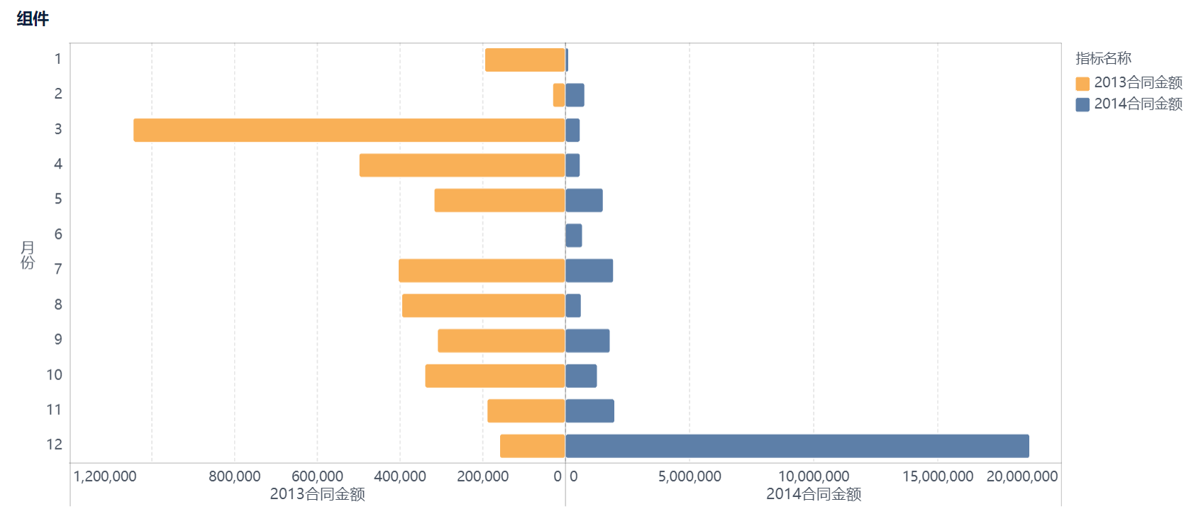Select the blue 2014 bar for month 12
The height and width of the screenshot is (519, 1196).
(797, 446)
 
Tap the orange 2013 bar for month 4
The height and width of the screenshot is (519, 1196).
(462, 165)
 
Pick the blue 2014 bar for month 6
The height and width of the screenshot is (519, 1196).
(574, 235)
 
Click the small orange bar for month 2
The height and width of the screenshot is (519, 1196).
(559, 95)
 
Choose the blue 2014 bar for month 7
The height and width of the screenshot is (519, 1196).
(589, 271)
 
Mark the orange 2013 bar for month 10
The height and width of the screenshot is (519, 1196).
(495, 376)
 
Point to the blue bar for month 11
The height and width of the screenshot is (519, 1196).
(590, 411)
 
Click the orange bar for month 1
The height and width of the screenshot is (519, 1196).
(525, 60)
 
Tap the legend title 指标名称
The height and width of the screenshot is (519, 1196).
(1103, 58)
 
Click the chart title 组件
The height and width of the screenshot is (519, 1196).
(33, 19)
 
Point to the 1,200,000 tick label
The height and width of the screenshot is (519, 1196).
(105, 476)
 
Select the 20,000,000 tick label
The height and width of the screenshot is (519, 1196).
(1021, 476)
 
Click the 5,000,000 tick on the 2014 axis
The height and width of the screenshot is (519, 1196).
(690, 476)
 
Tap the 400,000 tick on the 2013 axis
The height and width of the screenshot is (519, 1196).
(400, 476)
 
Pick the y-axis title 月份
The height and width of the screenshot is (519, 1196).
(27, 255)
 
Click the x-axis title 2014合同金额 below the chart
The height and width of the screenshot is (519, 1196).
(813, 494)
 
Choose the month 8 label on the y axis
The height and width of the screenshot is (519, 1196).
(58, 305)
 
